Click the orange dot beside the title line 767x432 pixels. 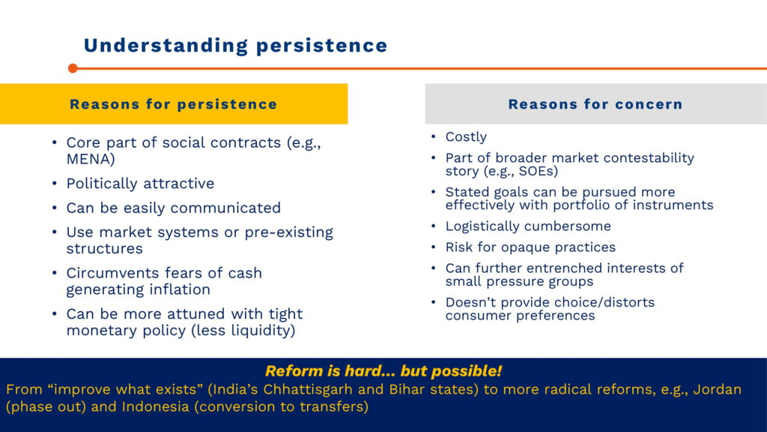[x=73, y=68]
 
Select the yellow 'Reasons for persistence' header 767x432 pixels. [x=174, y=103]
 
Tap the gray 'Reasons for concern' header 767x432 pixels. [x=595, y=103]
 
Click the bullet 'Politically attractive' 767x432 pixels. [x=140, y=183]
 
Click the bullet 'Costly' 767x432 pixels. [x=466, y=136]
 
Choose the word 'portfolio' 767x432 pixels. [x=581, y=205]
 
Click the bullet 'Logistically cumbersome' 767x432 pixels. [x=528, y=226]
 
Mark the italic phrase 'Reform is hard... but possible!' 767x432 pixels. [x=383, y=370]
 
